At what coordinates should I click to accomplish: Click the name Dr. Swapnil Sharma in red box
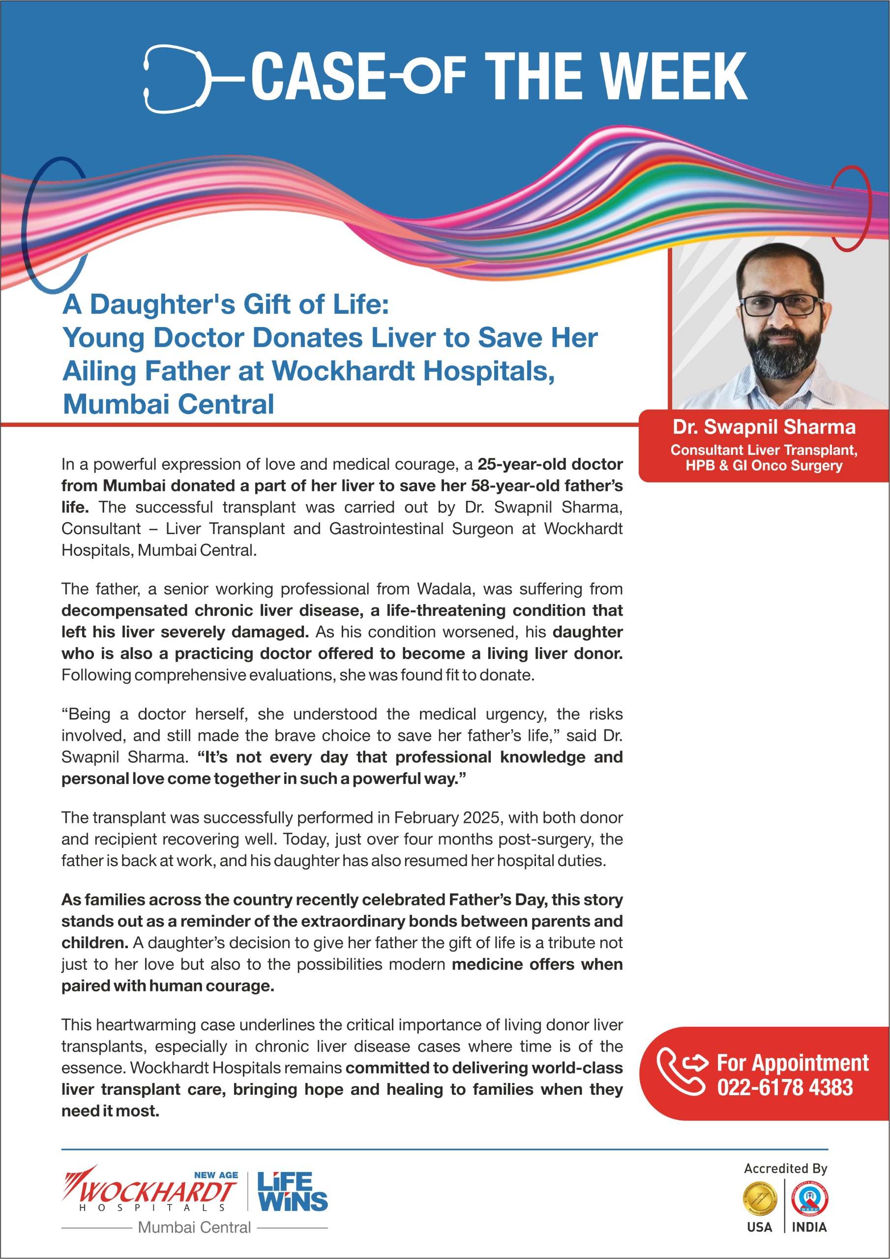[764, 427]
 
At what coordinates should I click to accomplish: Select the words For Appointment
[792, 1062]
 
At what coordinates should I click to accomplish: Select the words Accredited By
[785, 1168]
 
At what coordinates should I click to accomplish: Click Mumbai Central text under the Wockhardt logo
[194, 1227]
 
